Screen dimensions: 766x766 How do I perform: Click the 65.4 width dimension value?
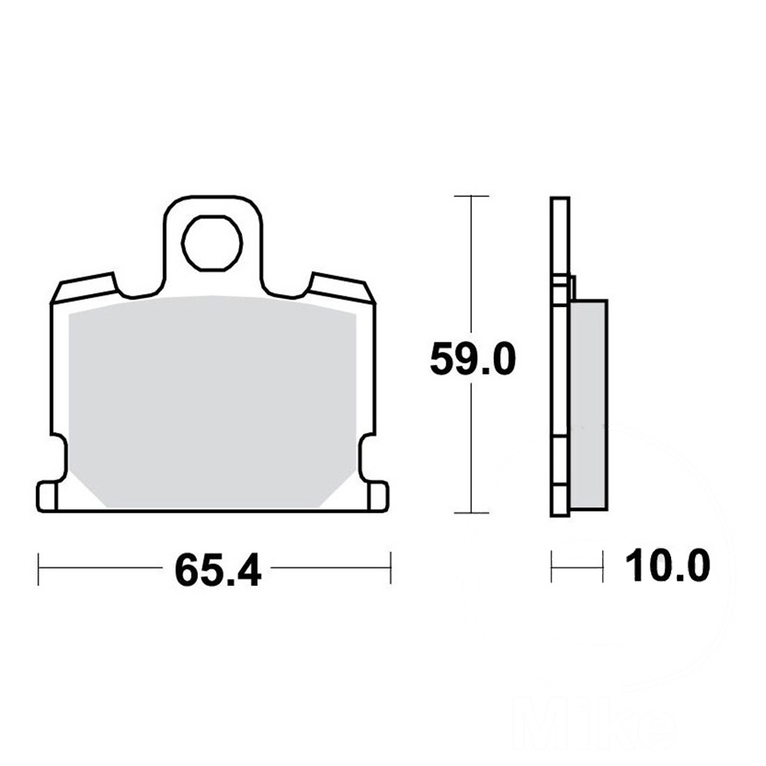point(218,570)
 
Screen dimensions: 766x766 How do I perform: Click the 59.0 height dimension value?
point(473,359)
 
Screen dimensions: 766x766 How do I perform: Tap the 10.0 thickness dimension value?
point(667,565)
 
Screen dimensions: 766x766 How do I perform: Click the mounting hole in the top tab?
point(212,243)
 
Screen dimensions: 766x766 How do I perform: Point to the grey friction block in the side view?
point(590,405)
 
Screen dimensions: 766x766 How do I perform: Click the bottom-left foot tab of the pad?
point(47,496)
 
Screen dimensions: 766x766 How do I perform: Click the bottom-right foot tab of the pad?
point(378,496)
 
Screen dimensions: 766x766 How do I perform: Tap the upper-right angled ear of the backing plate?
point(341,288)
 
